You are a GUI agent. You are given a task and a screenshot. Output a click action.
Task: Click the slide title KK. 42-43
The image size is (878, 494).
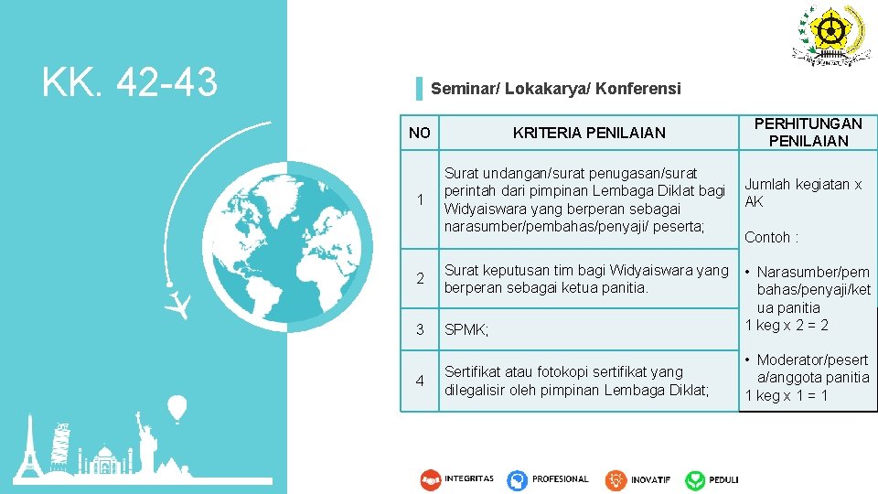tap(129, 83)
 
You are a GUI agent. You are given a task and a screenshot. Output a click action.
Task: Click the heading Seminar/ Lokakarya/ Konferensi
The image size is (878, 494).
tap(555, 89)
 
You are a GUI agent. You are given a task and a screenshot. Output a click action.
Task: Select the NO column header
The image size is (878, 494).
tap(419, 133)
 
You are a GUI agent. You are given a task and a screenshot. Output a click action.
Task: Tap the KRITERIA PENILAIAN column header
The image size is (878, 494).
tap(589, 133)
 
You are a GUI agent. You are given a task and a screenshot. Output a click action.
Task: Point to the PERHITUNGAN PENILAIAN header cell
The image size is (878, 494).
tap(808, 132)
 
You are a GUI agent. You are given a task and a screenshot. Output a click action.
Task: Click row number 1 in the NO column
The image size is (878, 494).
tap(419, 199)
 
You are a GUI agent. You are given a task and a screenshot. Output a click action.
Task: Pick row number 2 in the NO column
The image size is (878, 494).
tap(419, 279)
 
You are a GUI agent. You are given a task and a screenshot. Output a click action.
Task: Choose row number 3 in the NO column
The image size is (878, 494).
tap(419, 329)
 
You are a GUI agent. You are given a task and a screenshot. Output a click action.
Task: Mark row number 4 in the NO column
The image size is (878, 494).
tap(419, 380)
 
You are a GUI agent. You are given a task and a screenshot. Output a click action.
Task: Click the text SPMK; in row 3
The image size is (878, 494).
tap(466, 330)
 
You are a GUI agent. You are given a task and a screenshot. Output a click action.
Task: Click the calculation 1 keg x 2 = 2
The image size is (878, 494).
tap(787, 326)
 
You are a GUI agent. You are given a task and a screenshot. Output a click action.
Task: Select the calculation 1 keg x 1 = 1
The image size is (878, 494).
tap(787, 395)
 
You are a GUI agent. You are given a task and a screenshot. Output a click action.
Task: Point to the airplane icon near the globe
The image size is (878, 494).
tap(182, 304)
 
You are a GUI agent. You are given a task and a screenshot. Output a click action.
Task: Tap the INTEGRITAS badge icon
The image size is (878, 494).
tap(431, 479)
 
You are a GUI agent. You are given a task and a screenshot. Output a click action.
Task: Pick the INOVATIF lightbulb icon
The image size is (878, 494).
tap(615, 479)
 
